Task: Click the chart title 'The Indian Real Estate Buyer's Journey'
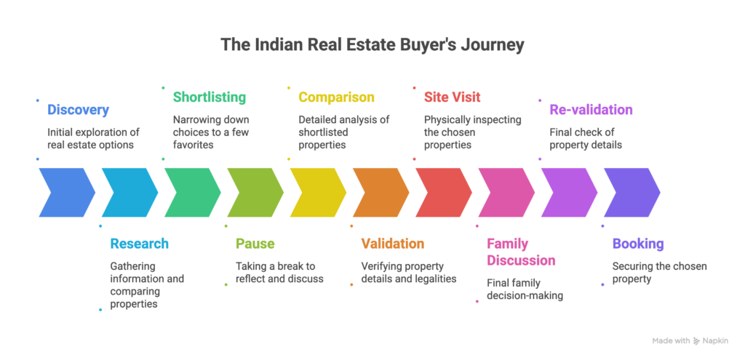coord(372,45)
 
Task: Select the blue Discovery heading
coord(78,111)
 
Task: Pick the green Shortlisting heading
coord(209,97)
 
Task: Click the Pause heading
coord(255,244)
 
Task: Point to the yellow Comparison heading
coord(336,97)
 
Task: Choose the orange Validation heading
coord(392,244)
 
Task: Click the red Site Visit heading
coord(452,97)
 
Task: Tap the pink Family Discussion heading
coord(520,252)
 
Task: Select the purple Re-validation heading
coord(590,111)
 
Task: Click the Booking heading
coord(637,244)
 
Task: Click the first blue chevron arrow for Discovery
coord(65,192)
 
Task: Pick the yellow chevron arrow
coord(317,192)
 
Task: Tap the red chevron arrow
coord(443,192)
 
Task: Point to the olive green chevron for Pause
coord(255,192)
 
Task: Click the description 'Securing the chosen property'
coord(659,273)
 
